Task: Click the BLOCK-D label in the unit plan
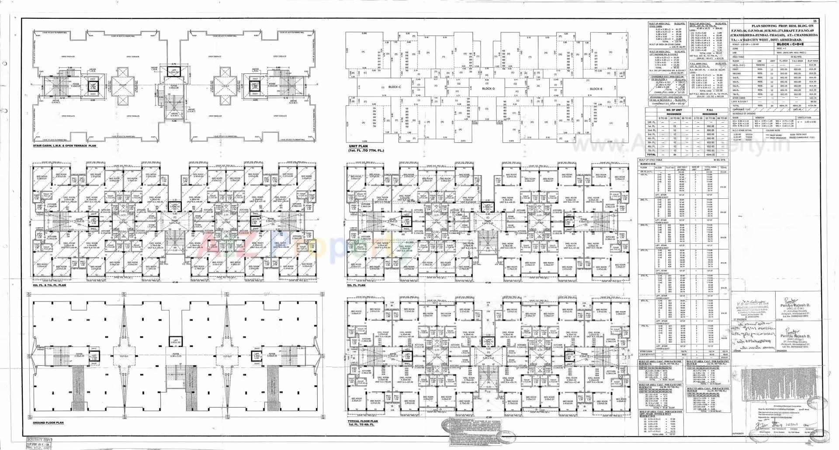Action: click(488, 89)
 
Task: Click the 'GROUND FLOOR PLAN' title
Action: click(49, 423)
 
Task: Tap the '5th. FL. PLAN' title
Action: click(356, 285)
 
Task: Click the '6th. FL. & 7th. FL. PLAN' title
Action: click(49, 285)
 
